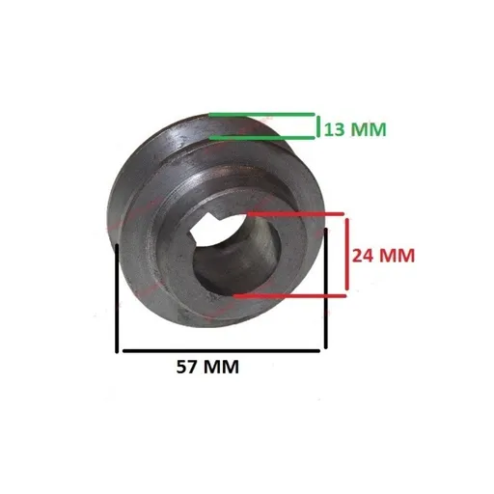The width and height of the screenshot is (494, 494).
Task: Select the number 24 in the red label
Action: pos(362,256)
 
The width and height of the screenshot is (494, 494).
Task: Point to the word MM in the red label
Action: pos(397,256)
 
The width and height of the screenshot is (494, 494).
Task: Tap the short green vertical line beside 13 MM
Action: pos(317,125)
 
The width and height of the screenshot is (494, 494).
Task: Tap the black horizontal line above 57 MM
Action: pos(222,349)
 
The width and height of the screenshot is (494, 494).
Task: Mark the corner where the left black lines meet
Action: pos(119,349)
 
